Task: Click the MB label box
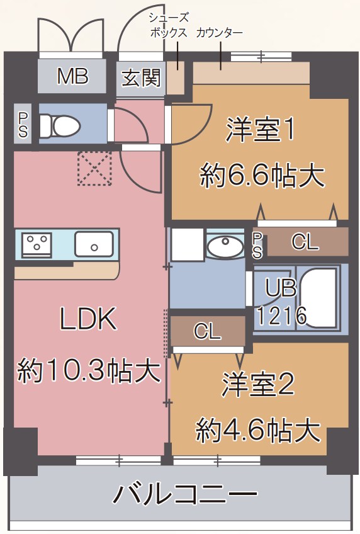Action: tap(72, 77)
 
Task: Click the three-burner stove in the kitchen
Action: tap(37, 244)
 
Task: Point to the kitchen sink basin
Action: tap(94, 244)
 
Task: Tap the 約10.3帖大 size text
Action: tap(88, 370)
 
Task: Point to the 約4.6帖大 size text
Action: tap(258, 431)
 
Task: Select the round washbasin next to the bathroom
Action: tap(225, 246)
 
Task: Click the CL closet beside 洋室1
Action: tap(306, 242)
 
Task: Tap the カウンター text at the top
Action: tap(220, 32)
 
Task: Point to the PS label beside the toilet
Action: tap(23, 125)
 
